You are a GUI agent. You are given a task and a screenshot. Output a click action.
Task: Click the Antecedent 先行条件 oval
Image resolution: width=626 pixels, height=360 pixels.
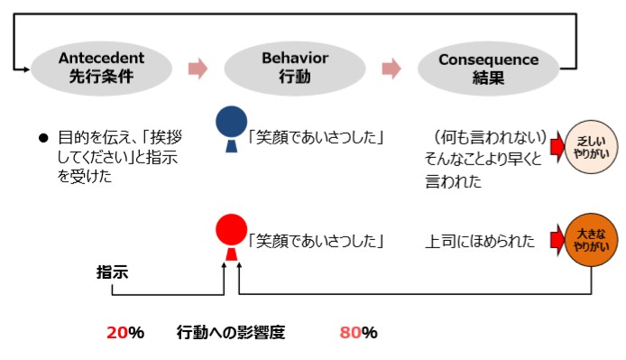[100, 68]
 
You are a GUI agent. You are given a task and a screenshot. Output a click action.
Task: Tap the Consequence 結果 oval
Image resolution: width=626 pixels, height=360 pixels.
[488, 68]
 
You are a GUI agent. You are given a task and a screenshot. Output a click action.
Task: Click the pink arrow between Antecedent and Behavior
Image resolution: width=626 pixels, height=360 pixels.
[198, 69]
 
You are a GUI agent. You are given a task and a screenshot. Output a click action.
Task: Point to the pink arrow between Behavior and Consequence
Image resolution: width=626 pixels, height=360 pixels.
[391, 69]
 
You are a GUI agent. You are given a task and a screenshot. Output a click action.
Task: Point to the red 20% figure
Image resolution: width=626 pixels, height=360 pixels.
[125, 332]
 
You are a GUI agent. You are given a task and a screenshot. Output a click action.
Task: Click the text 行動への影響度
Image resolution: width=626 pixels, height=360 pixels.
[231, 332]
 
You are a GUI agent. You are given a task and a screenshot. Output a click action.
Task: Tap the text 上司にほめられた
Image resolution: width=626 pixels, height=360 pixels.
[480, 242]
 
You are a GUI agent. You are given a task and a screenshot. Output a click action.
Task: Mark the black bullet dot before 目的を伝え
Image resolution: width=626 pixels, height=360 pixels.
[41, 139]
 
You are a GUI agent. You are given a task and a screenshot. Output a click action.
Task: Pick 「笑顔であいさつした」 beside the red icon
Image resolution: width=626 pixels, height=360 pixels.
[316, 242]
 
